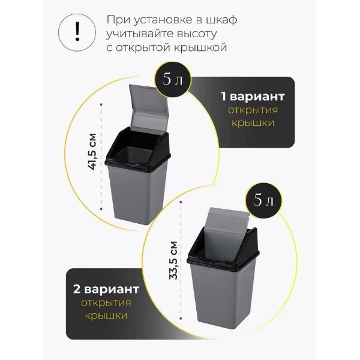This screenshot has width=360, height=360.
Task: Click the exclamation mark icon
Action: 77,32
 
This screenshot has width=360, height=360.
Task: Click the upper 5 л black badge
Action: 173,79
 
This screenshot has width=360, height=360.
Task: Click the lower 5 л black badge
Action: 263,200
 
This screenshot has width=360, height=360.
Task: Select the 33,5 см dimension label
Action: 173,260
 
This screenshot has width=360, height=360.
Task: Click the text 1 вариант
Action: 253,96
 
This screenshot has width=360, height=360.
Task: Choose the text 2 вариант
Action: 106,289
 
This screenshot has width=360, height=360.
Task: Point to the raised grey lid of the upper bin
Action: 149,107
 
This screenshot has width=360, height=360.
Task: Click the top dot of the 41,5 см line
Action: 101,104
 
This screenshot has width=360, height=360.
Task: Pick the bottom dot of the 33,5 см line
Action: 181,319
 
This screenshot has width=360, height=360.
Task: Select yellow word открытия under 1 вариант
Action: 253,110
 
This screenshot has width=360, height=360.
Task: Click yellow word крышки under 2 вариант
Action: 106,316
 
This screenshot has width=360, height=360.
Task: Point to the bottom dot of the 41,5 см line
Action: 101,209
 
